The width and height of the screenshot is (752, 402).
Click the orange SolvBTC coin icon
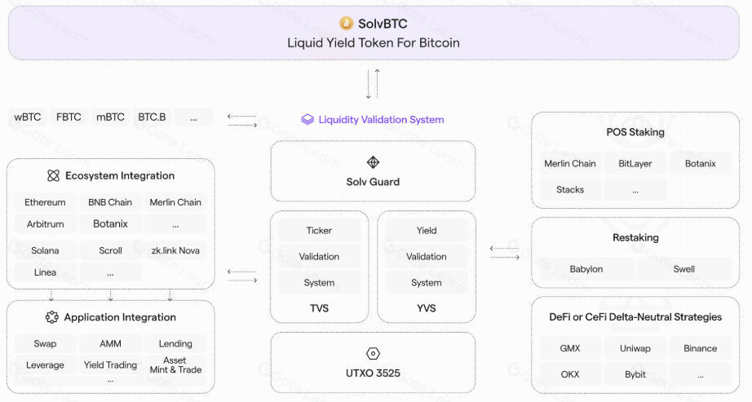click(x=346, y=24)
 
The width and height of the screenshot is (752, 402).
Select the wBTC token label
click(x=28, y=117)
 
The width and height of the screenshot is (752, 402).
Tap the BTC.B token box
click(x=152, y=117)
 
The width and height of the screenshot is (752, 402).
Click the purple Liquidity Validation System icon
click(x=307, y=120)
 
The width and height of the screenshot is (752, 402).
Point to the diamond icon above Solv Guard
click(x=373, y=162)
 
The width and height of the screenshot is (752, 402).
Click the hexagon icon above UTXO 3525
click(x=373, y=354)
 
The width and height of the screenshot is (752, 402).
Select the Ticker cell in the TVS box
click(x=319, y=231)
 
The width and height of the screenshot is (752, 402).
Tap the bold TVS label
click(x=319, y=308)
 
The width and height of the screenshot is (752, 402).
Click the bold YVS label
click(x=427, y=308)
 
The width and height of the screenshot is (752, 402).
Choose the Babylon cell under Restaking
click(x=586, y=269)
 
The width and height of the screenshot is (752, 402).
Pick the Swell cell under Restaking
click(x=684, y=269)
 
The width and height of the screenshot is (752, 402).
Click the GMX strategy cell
click(x=570, y=348)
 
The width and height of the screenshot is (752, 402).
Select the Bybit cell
click(x=635, y=374)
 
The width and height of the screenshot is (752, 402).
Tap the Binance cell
click(x=701, y=348)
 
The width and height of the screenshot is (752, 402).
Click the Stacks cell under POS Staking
click(x=570, y=190)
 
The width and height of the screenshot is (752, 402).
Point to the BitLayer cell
click(x=635, y=164)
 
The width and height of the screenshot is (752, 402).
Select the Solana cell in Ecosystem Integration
click(x=45, y=250)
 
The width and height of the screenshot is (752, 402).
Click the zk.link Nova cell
click(x=175, y=250)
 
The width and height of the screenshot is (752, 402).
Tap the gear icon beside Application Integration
click(x=52, y=317)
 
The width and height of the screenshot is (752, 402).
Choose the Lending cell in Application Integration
click(x=175, y=344)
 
